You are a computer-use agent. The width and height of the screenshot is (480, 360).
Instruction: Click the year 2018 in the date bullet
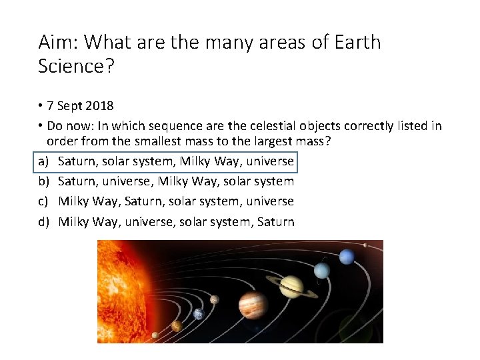click(x=100, y=106)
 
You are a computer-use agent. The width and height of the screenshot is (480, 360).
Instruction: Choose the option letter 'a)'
click(x=43, y=161)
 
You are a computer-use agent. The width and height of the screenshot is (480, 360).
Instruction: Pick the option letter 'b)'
click(x=43, y=181)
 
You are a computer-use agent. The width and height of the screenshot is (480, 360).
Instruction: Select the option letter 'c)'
click(x=43, y=201)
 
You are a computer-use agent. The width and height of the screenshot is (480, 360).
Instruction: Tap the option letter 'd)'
click(x=43, y=221)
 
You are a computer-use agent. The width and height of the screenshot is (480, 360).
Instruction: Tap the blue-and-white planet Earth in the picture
click(x=198, y=314)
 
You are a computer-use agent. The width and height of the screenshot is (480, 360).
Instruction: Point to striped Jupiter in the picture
click(x=253, y=305)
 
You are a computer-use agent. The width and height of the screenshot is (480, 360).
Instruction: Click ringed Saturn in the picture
click(x=291, y=286)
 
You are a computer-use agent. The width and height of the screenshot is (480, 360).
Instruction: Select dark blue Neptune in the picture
click(x=347, y=257)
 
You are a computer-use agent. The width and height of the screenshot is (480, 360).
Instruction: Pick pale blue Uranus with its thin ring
click(x=322, y=270)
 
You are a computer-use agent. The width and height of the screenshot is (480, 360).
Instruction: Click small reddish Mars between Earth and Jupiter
click(x=215, y=299)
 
